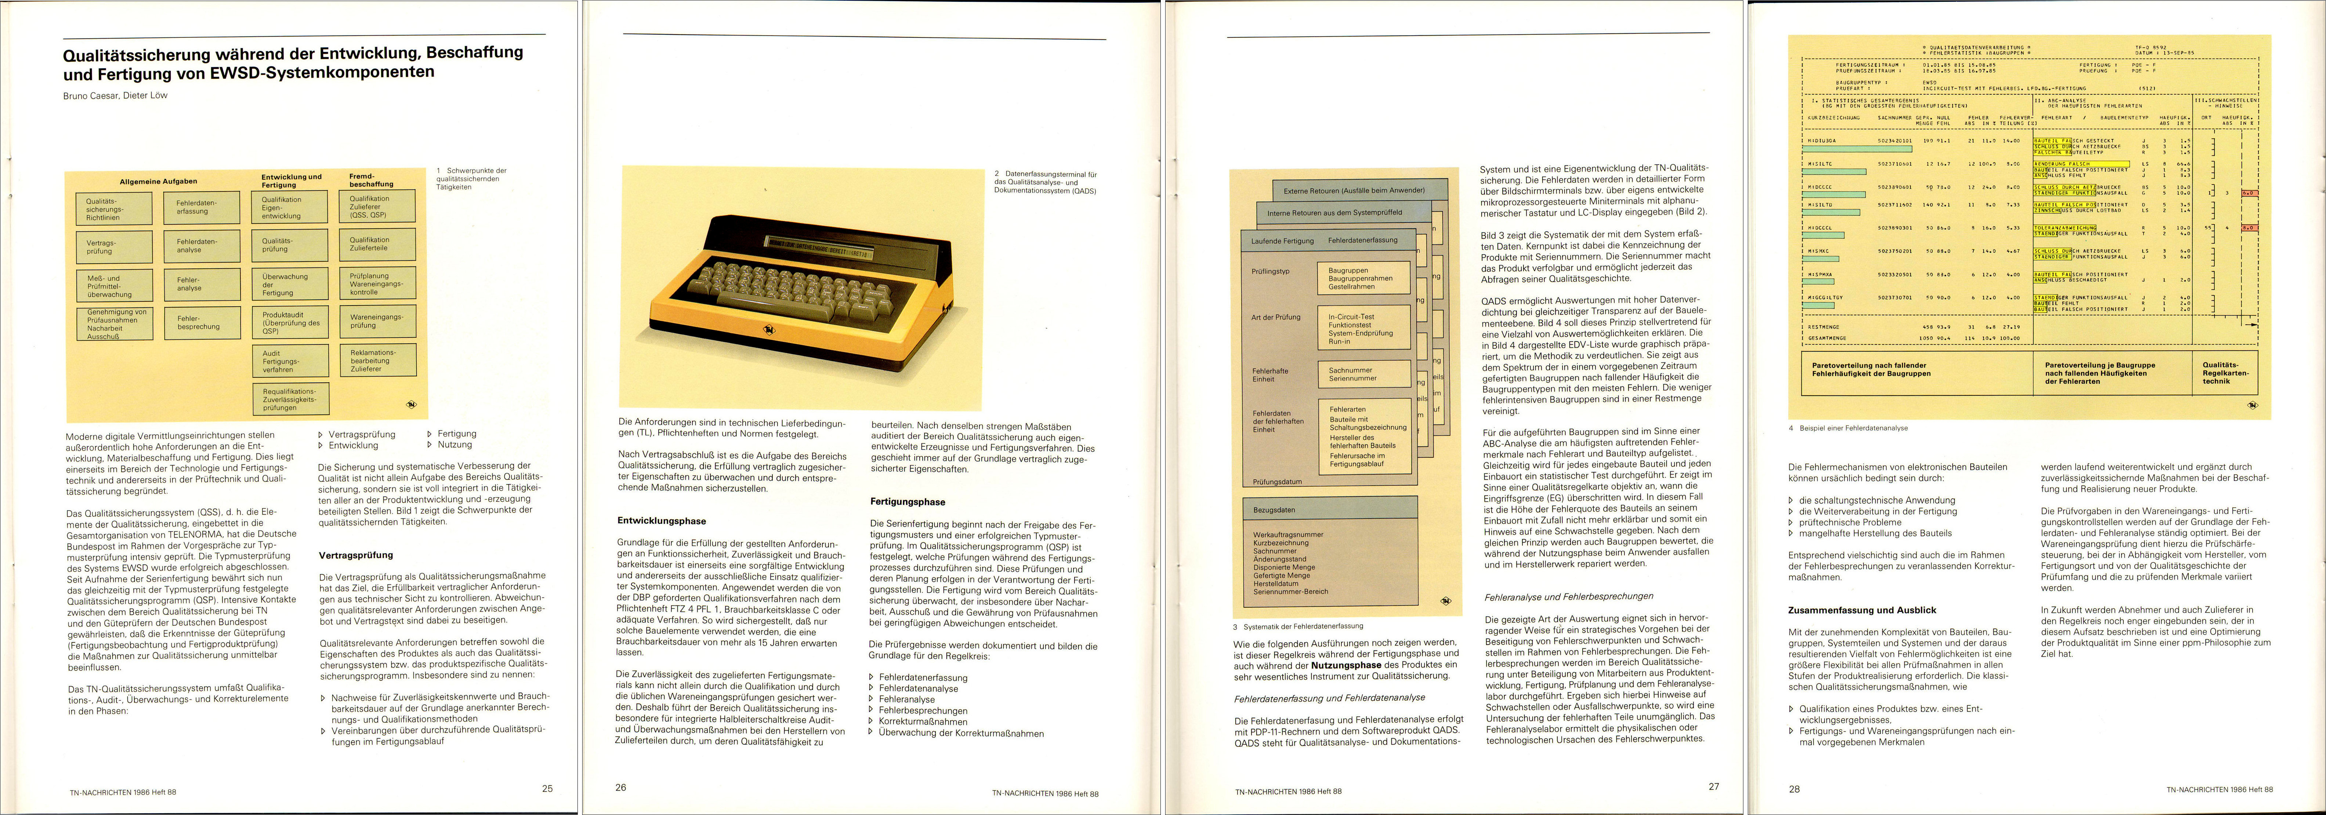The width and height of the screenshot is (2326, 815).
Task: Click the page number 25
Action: point(547,788)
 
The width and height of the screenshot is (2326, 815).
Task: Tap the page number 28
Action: point(1794,789)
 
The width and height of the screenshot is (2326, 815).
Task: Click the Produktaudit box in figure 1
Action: point(290,322)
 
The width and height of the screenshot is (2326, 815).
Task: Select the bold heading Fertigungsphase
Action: point(907,502)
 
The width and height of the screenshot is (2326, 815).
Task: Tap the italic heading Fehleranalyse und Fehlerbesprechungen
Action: point(1568,597)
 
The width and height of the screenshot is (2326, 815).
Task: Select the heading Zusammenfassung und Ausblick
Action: point(1862,610)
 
